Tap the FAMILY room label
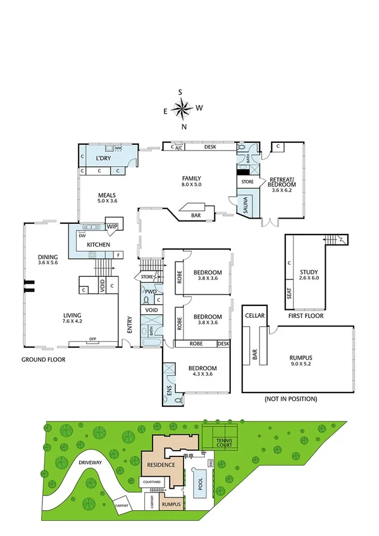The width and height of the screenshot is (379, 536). pos(191,178)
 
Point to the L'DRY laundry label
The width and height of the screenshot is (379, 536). pos(103,157)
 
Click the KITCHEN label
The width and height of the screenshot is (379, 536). pos(98,245)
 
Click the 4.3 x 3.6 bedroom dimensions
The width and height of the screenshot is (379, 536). pos(202,374)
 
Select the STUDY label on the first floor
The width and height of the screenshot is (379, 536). pos(309,272)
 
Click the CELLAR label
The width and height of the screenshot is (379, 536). pos(256,315)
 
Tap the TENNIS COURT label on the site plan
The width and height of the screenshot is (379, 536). pos(225,442)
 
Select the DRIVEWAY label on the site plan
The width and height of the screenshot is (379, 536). pos(90,462)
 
